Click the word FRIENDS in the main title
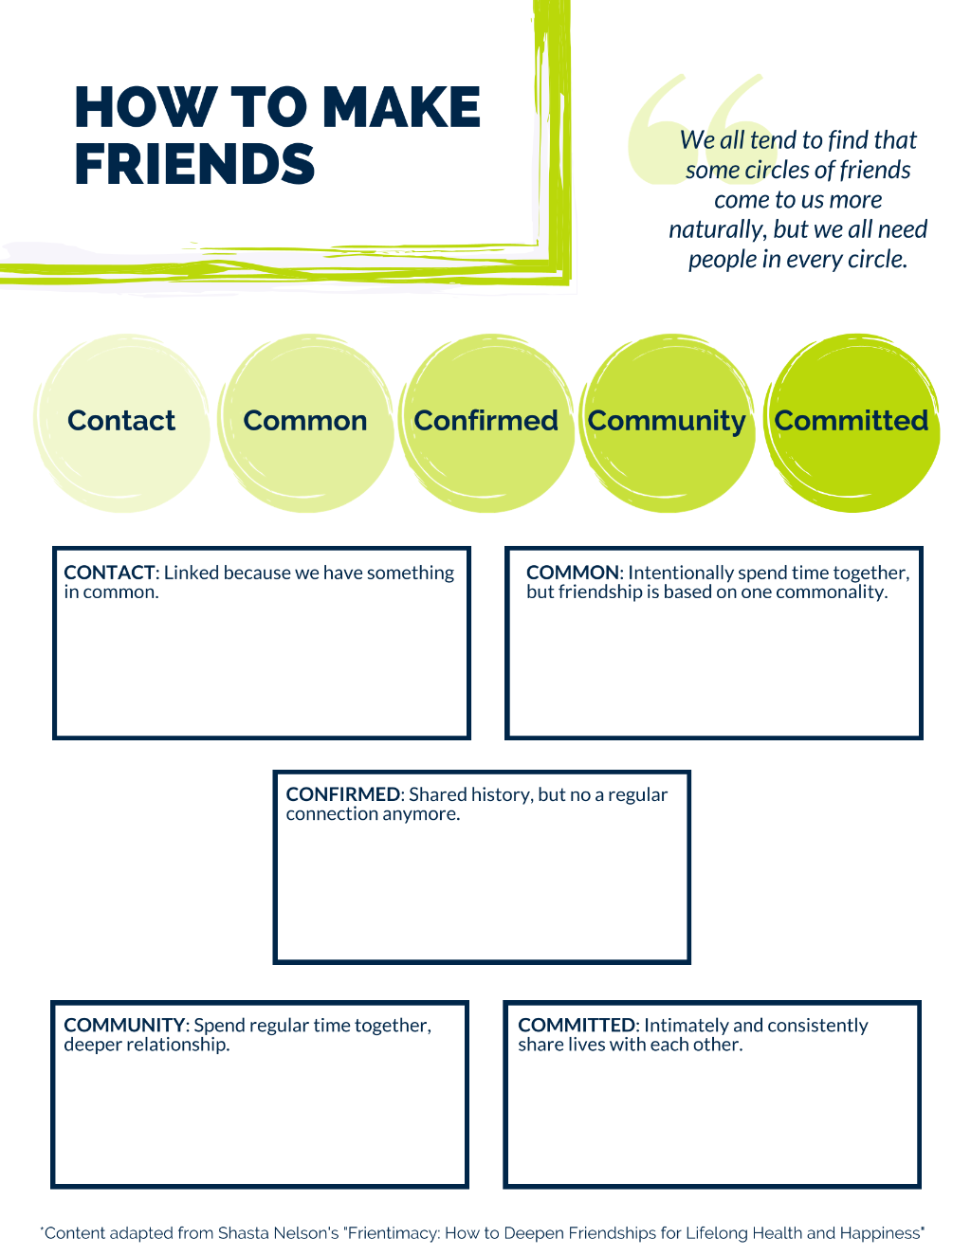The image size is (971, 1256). (x=194, y=164)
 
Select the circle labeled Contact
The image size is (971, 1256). (x=122, y=423)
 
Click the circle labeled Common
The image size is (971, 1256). (x=305, y=423)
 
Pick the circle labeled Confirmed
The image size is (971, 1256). (x=486, y=423)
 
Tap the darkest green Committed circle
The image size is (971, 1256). (x=852, y=423)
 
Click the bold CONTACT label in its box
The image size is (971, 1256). (x=109, y=573)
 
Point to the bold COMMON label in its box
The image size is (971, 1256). (x=573, y=573)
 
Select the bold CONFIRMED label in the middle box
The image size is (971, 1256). (x=342, y=794)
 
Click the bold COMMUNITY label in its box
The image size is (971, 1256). (x=123, y=1026)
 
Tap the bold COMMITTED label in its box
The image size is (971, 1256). (x=577, y=1026)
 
